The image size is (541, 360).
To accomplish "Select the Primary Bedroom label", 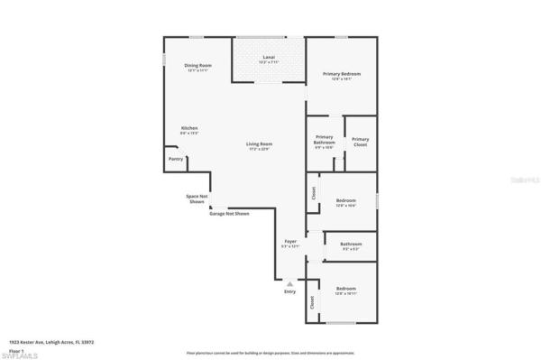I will [x=341, y=74].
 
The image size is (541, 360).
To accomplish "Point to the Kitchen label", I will [x=189, y=129].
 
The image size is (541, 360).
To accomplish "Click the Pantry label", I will [x=176, y=160].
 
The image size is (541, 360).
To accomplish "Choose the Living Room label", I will [x=261, y=145].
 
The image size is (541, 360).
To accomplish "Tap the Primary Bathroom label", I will [x=325, y=142].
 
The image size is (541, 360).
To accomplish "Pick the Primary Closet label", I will [x=360, y=142].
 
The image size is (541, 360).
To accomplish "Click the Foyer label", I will [x=290, y=243].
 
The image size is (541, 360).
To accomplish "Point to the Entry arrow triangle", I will [x=289, y=282].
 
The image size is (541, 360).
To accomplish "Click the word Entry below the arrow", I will [x=289, y=291].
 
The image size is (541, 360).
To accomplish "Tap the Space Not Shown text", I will [x=197, y=198].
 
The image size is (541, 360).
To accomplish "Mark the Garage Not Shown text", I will [x=229, y=214].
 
